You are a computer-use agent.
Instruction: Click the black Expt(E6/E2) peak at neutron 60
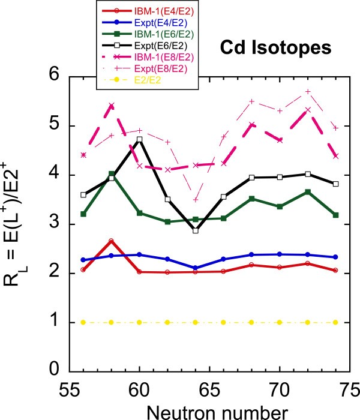tap(140, 139)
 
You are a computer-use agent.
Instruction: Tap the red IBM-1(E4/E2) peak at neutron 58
tap(112, 241)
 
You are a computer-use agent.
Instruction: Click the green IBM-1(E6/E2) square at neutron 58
tap(112, 174)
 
